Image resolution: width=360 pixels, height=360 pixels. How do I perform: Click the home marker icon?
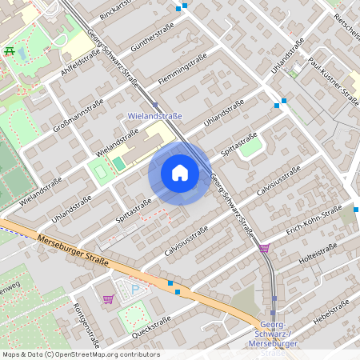(179, 173)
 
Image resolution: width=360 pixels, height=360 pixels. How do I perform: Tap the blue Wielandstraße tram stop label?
(155, 116)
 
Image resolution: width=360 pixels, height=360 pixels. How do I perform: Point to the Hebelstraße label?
(334, 313)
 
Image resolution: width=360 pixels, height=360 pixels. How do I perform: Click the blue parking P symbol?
(135, 289)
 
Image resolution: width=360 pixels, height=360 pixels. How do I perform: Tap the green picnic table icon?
(10, 51)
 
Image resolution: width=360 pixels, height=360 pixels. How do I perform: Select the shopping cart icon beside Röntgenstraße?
(108, 299)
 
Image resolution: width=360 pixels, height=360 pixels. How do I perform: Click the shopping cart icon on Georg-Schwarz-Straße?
(265, 248)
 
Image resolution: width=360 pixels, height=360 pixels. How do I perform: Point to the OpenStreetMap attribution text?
(81, 354)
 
